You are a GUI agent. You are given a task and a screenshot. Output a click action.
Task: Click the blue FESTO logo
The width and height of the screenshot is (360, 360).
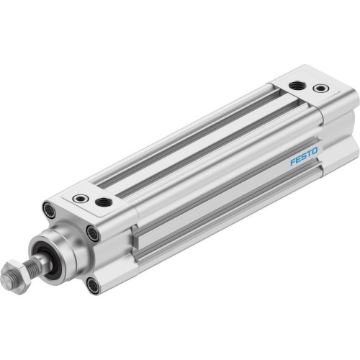coord(302,156)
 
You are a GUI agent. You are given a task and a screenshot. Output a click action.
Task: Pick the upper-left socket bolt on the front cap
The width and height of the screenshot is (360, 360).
coord(49,210)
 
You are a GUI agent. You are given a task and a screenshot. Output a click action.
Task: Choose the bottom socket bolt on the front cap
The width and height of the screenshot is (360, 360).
coord(93,285)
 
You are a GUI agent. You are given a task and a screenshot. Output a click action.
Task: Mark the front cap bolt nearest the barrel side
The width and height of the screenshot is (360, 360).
coord(93,233)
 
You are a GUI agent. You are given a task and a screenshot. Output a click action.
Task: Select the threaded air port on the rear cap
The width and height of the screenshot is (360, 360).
coord(296,85)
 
